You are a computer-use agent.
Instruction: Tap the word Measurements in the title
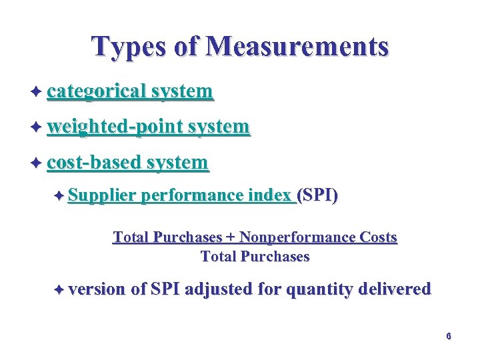point(297,46)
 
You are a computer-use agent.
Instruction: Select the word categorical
point(97,91)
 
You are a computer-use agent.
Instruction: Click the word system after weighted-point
point(219,126)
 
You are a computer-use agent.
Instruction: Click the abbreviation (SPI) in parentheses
point(317,195)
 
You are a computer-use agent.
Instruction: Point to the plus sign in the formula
point(230,238)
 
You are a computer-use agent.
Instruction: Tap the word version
point(97,289)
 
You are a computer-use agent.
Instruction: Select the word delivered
point(395,289)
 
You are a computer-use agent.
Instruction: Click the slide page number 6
point(449,336)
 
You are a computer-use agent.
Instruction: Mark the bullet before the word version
point(59,289)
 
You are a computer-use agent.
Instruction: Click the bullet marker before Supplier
point(59,195)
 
